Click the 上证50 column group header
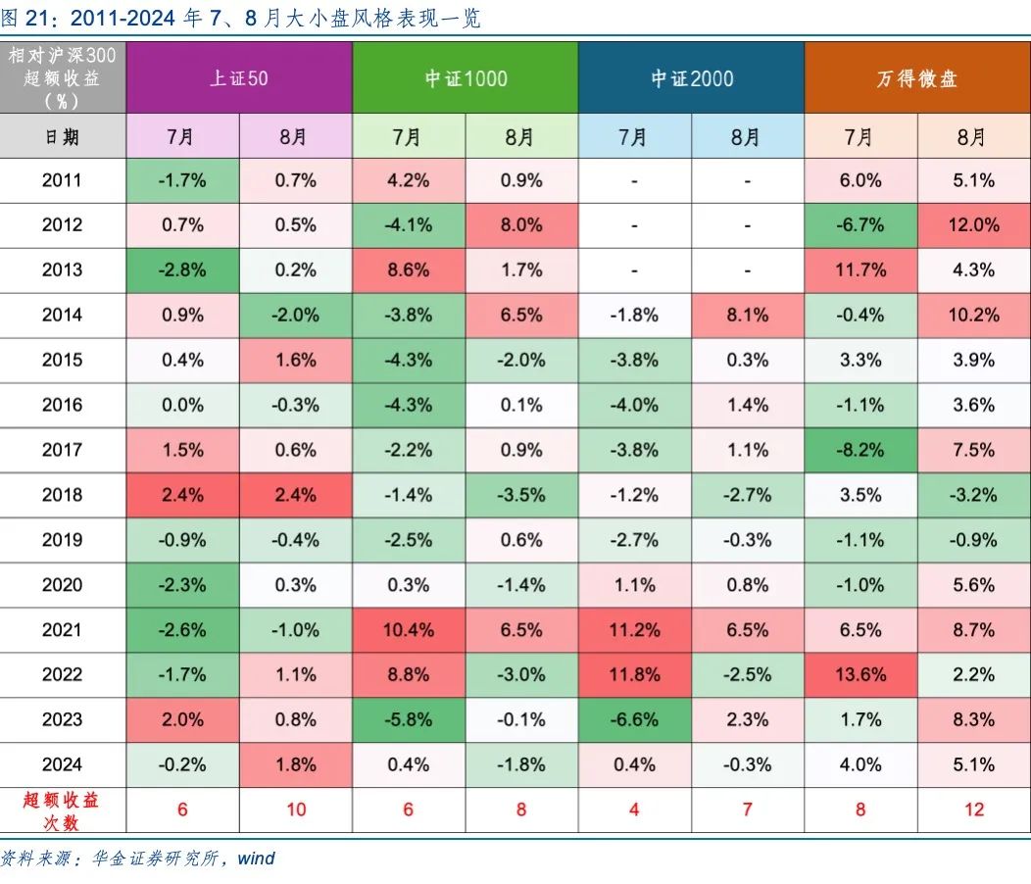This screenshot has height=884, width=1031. point(239,78)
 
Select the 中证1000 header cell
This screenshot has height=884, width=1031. point(466,78)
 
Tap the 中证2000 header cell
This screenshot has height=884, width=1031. point(691,78)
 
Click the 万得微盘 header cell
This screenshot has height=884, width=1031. point(916,78)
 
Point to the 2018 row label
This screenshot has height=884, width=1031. point(63,495)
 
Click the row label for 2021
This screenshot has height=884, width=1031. point(63,630)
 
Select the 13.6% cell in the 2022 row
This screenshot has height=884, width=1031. point(860,675)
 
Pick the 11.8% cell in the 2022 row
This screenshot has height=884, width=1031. point(634,675)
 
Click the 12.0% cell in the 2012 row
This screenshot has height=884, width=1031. point(972,225)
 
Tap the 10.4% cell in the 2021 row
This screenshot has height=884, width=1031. point(408,630)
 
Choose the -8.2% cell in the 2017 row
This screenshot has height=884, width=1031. point(860,450)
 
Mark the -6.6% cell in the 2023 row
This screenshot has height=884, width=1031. point(634,720)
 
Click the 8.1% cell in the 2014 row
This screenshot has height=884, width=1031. point(747,316)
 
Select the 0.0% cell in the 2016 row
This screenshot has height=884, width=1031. point(183,405)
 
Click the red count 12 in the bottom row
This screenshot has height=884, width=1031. point(972,810)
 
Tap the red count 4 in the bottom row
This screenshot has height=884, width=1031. point(634,810)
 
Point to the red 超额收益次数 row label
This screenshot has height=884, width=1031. point(63,810)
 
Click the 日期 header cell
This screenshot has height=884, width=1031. point(63,136)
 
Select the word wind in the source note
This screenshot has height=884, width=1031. point(256,859)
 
